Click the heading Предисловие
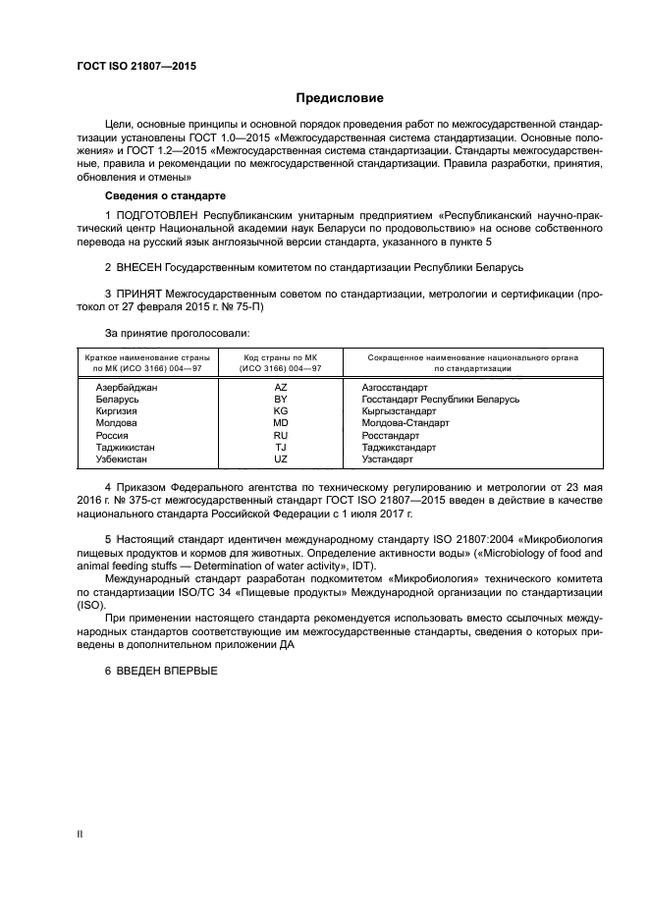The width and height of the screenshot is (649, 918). (x=340, y=98)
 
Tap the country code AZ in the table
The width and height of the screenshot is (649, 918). (x=280, y=388)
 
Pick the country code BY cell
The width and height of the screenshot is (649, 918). (x=280, y=400)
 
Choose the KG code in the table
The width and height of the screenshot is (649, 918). (x=280, y=411)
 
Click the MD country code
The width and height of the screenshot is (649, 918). (x=280, y=423)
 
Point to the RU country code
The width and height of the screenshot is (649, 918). (x=280, y=435)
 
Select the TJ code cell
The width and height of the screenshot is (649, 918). (x=280, y=447)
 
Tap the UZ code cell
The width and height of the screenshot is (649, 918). (x=280, y=459)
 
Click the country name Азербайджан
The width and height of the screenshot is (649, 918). (x=127, y=388)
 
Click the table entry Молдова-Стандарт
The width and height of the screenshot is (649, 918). (x=405, y=423)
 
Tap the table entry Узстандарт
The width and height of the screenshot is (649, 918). (x=387, y=459)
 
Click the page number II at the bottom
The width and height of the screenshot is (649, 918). (x=81, y=834)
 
